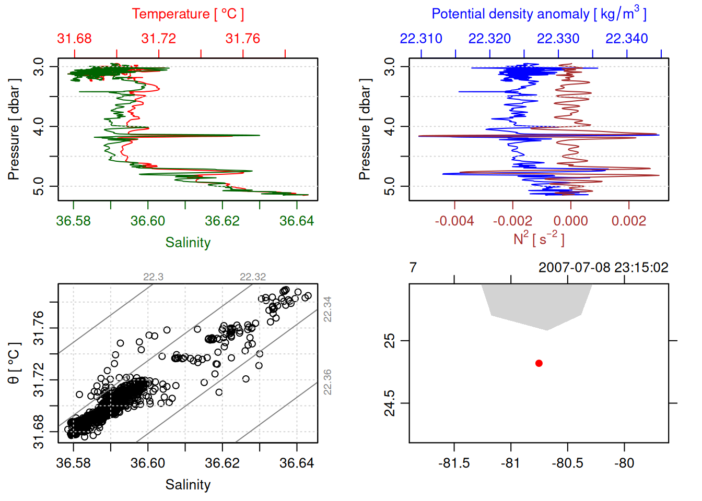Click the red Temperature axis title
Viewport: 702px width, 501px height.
tap(188, 14)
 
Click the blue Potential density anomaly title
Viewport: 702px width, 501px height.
tap(539, 14)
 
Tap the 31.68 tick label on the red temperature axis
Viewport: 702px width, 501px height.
tap(74, 39)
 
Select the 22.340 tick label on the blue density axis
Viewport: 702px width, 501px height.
tap(626, 39)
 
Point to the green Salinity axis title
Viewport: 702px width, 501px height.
tap(188, 243)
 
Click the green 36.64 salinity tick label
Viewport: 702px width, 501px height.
tap(296, 221)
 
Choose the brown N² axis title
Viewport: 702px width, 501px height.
tap(539, 239)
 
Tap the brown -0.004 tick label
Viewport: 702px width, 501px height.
tap(454, 221)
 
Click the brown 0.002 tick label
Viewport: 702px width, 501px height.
tap(628, 221)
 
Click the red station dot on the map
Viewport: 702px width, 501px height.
tap(539, 363)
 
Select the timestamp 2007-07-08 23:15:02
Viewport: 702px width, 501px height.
tap(603, 268)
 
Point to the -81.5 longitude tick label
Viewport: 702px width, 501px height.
tap(454, 463)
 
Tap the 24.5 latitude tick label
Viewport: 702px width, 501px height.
tap(390, 403)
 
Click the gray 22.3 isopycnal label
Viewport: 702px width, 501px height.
tap(153, 277)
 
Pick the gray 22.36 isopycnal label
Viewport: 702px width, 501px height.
tap(327, 382)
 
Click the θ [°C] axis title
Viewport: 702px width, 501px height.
tap(14, 363)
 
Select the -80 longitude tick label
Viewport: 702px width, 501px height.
tap(624, 463)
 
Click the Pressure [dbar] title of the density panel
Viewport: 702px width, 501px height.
tap(365, 129)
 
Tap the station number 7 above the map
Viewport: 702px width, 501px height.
tap(413, 268)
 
